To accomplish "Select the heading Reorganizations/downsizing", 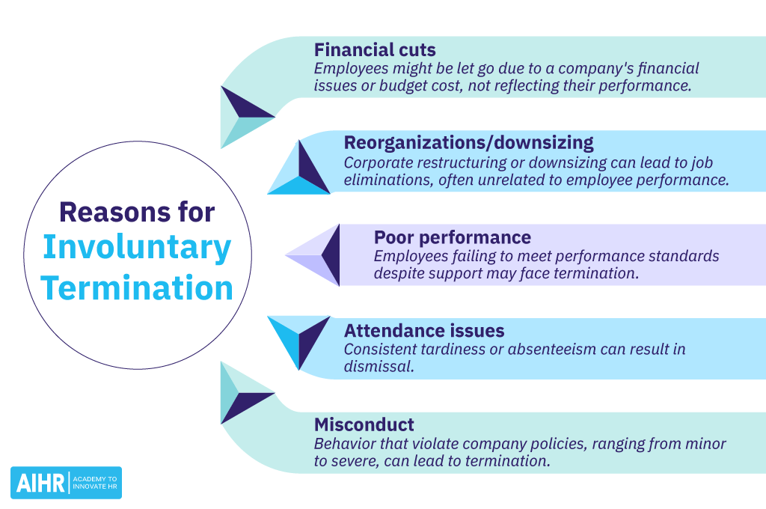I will pos(468,142).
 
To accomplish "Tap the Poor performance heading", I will pos(453,237).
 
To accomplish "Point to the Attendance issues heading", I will pos(424,331).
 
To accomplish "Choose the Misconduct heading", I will pos(364,424).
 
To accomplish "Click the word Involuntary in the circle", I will pos(137,249).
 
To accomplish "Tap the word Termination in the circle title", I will pos(137,288).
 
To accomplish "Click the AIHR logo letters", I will pos(39,483).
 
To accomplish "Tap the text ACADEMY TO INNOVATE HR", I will pos(95,483).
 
